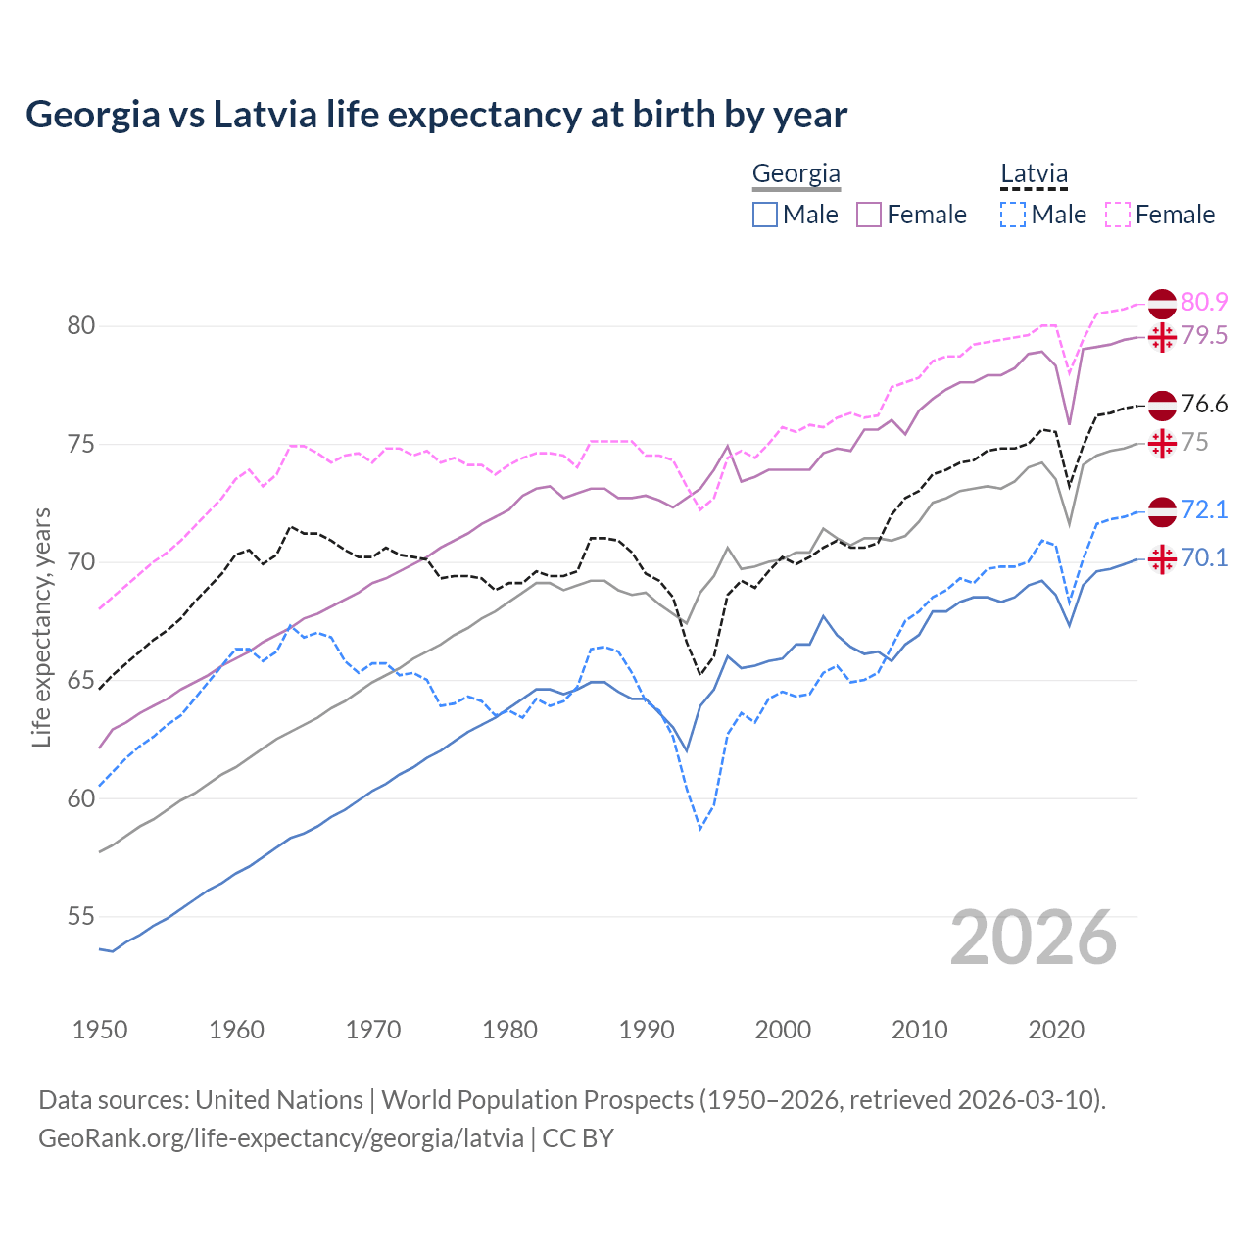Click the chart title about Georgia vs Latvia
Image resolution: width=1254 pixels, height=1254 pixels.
(x=436, y=115)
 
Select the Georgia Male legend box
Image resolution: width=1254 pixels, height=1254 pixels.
(x=765, y=215)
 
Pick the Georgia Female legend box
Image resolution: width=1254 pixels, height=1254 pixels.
(x=869, y=215)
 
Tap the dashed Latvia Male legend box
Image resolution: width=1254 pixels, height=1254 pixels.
(x=1013, y=215)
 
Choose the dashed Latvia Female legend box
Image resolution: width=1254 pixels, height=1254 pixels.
(x=1117, y=215)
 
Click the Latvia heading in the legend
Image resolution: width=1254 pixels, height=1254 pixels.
(x=1034, y=174)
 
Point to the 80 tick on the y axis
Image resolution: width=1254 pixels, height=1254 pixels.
(x=81, y=325)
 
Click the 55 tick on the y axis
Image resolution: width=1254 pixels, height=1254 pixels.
(x=81, y=917)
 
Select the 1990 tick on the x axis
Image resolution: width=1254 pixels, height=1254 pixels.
(x=647, y=1030)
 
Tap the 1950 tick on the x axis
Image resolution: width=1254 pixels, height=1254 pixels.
(x=100, y=1030)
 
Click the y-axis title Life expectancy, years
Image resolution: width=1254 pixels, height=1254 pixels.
(x=41, y=627)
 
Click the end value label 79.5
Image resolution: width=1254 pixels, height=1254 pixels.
(x=1204, y=336)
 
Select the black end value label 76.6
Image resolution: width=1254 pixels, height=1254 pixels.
(x=1204, y=405)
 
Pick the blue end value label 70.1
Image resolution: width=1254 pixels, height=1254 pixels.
(x=1204, y=558)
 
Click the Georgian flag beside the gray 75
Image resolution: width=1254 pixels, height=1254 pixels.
(x=1162, y=443)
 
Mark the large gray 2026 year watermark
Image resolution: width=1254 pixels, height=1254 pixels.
(x=1033, y=938)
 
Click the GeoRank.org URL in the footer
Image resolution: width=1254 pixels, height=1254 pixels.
(x=280, y=1138)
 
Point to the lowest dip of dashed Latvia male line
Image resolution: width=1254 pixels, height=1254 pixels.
(x=700, y=829)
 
